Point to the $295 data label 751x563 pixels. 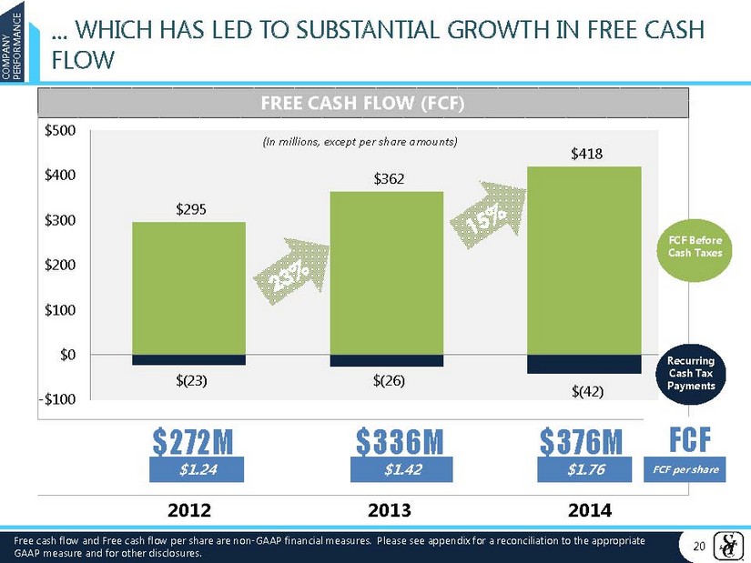[190, 209]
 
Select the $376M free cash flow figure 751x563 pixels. [582, 442]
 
